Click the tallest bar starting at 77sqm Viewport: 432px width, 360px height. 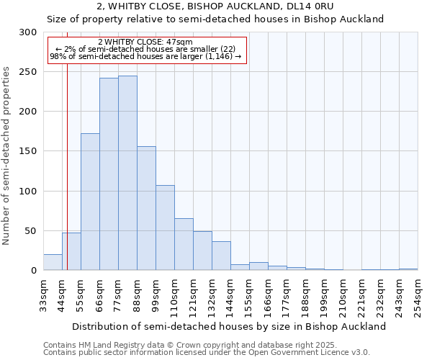127,173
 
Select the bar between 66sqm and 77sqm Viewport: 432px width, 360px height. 109,174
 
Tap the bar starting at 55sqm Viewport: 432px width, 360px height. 90,202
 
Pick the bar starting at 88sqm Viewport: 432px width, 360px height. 146,208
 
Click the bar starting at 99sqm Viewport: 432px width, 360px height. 165,228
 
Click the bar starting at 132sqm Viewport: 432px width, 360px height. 221,256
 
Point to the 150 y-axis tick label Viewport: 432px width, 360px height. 27,151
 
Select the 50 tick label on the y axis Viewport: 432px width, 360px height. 30,231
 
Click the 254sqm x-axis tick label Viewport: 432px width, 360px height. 418,295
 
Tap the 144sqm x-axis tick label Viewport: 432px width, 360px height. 230,295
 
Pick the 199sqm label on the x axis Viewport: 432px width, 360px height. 324,295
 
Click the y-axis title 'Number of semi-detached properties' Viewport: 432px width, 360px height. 6,156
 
